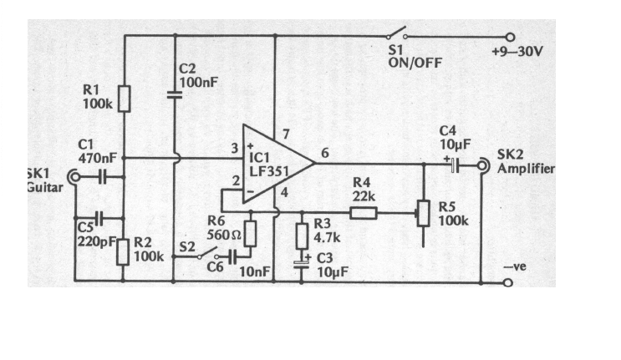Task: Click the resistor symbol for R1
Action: (123, 99)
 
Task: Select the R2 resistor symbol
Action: (123, 251)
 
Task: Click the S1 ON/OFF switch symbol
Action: (397, 35)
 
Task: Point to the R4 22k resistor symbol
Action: (363, 213)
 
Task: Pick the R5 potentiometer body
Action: (423, 213)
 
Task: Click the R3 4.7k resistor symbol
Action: (302, 236)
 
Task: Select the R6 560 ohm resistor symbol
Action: (250, 234)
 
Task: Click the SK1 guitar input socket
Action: (75, 177)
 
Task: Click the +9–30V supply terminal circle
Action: (510, 36)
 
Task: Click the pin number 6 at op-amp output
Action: (324, 152)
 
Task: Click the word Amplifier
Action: (526, 168)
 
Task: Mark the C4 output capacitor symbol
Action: (454, 166)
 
